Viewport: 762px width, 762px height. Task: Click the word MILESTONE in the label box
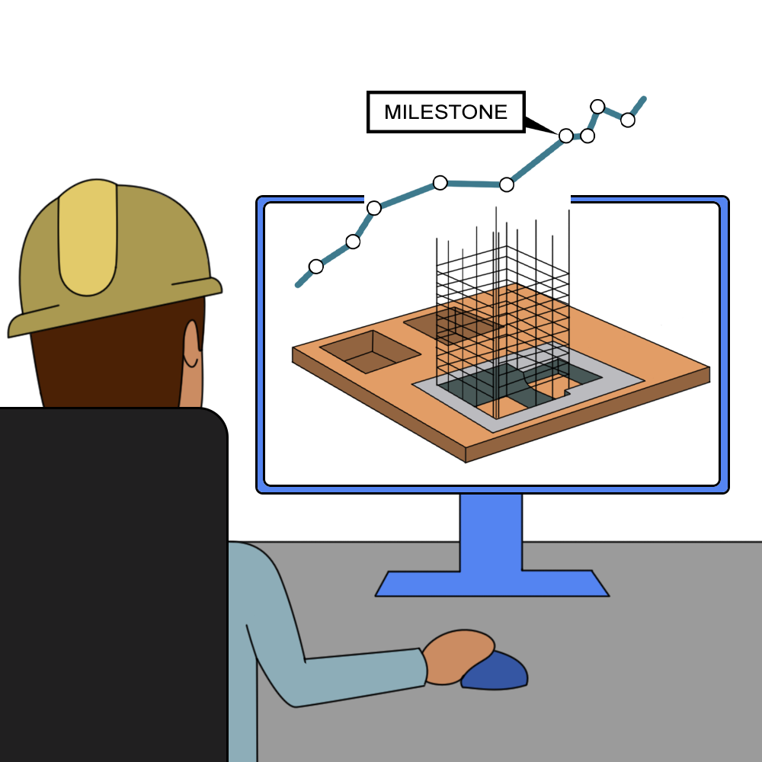tap(446, 112)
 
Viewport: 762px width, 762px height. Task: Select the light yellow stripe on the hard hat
tap(88, 238)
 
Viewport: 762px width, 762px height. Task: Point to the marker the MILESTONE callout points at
tap(565, 136)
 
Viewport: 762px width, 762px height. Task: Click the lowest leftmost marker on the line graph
tap(316, 266)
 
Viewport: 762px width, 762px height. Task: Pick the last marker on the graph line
tap(627, 120)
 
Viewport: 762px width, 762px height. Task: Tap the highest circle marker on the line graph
tap(597, 106)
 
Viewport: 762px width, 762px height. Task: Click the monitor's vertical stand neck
tap(491, 533)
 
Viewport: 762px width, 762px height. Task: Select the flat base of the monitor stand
tap(491, 584)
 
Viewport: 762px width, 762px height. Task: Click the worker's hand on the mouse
tap(456, 657)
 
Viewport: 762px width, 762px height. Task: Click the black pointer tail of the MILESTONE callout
tap(539, 125)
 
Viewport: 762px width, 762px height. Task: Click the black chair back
tap(113, 583)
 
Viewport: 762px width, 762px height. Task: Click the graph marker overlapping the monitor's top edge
tap(373, 208)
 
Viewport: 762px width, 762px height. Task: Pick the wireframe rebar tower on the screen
tap(503, 316)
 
